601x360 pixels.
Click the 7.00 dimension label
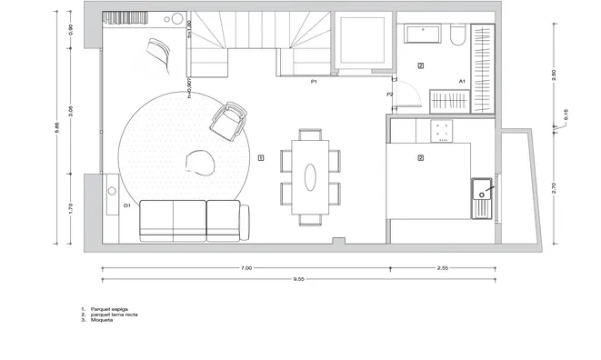point(246,268)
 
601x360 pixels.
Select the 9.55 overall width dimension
point(297,278)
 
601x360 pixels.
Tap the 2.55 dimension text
point(443,268)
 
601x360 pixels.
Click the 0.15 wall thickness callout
point(565,115)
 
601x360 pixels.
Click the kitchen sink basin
point(481,194)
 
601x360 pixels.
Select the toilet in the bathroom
point(456,35)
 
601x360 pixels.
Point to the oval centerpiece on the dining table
point(310,176)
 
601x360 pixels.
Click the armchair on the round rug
point(228,120)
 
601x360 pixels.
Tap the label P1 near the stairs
point(313,82)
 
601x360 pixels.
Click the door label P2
point(389,94)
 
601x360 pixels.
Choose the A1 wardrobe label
point(462,81)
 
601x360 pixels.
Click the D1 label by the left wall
point(127,205)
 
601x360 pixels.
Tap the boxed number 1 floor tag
point(261,157)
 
